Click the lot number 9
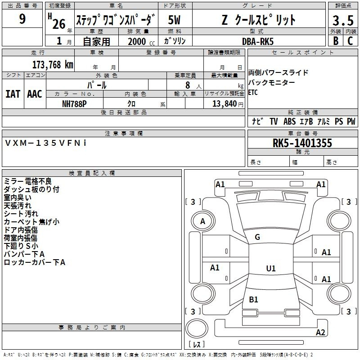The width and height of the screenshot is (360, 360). [22, 18]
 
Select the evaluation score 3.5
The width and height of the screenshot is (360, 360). [343, 20]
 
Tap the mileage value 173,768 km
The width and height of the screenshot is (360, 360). [53, 65]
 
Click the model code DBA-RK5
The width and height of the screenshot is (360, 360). [258, 41]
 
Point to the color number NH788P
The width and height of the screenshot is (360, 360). [74, 104]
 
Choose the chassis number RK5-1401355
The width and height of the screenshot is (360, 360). [302, 143]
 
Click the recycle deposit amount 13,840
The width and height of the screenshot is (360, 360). [224, 103]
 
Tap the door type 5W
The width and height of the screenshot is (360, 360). [174, 20]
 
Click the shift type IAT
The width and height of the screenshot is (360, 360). [13, 94]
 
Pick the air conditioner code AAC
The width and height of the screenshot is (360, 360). [35, 94]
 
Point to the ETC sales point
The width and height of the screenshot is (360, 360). [253, 92]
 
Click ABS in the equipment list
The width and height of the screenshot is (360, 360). [289, 121]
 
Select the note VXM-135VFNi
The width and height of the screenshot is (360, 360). [45, 143]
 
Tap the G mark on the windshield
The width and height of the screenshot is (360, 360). [257, 237]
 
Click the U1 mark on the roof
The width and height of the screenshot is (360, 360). [271, 268]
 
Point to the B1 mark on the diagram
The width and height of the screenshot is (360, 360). [253, 299]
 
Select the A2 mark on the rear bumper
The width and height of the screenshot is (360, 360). [320, 332]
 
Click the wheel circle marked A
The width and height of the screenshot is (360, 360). [203, 221]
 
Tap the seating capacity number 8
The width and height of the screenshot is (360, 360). [188, 85]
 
